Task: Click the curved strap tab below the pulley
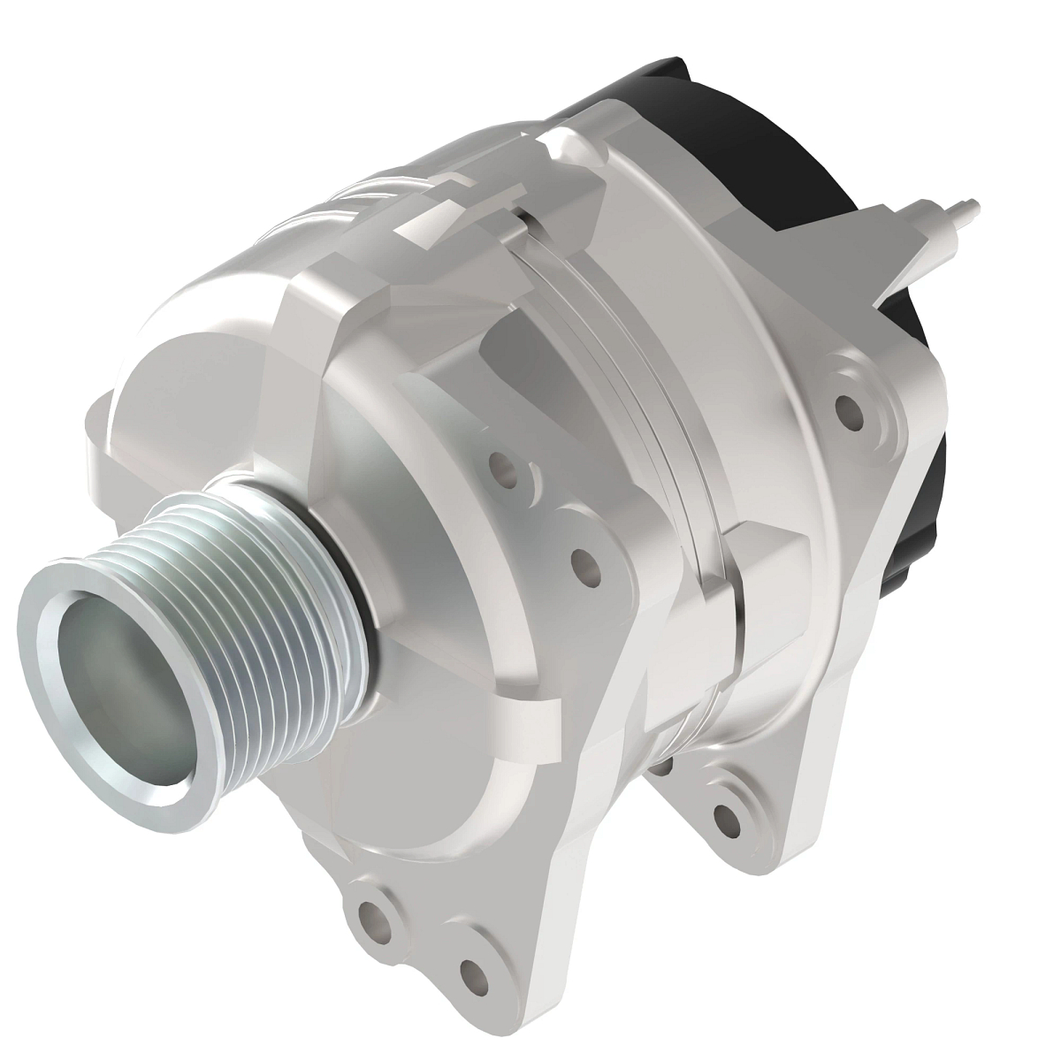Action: tap(522, 725)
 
